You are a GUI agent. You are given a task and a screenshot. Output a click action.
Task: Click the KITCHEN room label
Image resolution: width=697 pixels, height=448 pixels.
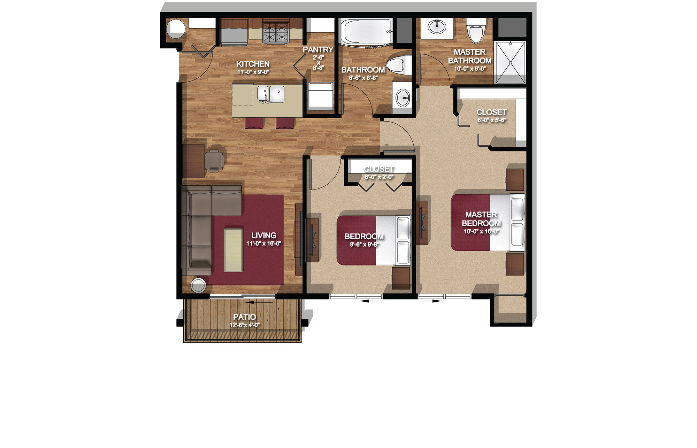tap(253, 64)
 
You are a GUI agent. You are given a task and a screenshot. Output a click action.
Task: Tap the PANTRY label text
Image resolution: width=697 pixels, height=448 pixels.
tap(318, 50)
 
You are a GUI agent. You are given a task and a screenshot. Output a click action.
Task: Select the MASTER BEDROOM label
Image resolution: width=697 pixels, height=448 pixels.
tap(481, 219)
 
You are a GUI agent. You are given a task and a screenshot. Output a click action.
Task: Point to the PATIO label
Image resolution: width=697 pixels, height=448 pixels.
tap(244, 317)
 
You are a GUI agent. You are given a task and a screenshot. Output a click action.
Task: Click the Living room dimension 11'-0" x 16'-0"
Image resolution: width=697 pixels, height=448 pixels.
tap(264, 244)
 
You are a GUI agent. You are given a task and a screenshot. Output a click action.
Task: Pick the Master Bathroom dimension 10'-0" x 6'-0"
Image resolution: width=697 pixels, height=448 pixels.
tap(470, 69)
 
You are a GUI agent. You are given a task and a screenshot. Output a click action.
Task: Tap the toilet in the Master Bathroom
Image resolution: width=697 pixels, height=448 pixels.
tap(476, 30)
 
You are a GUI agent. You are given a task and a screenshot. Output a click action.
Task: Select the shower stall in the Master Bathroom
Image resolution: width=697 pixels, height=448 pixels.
tap(511, 63)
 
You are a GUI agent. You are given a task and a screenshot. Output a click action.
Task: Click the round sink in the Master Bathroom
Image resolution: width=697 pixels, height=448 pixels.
tap(437, 27)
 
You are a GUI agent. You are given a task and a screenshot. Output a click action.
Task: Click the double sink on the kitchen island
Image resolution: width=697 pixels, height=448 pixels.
tap(271, 94)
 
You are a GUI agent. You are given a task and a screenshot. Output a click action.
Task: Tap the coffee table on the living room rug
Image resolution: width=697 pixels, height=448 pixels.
tap(233, 250)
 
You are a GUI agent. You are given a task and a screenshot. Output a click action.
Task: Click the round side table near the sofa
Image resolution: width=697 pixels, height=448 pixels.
tap(199, 285)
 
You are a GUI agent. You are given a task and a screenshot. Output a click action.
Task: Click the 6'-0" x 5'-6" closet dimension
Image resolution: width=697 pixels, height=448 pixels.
tap(491, 120)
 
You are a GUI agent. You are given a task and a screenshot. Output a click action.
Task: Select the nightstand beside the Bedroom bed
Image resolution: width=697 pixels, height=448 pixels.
tap(401, 278)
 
